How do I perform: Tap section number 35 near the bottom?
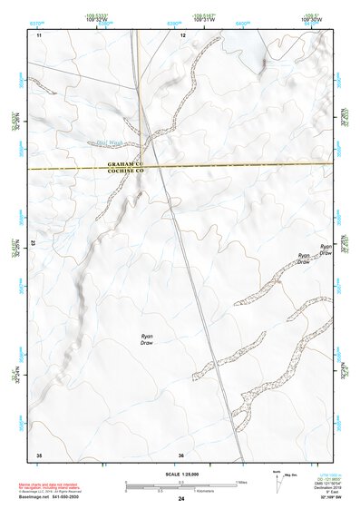pyautogui.click(x=39, y=455)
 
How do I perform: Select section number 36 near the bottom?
pyautogui.click(x=181, y=455)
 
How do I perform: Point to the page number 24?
pyautogui.click(x=181, y=500)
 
